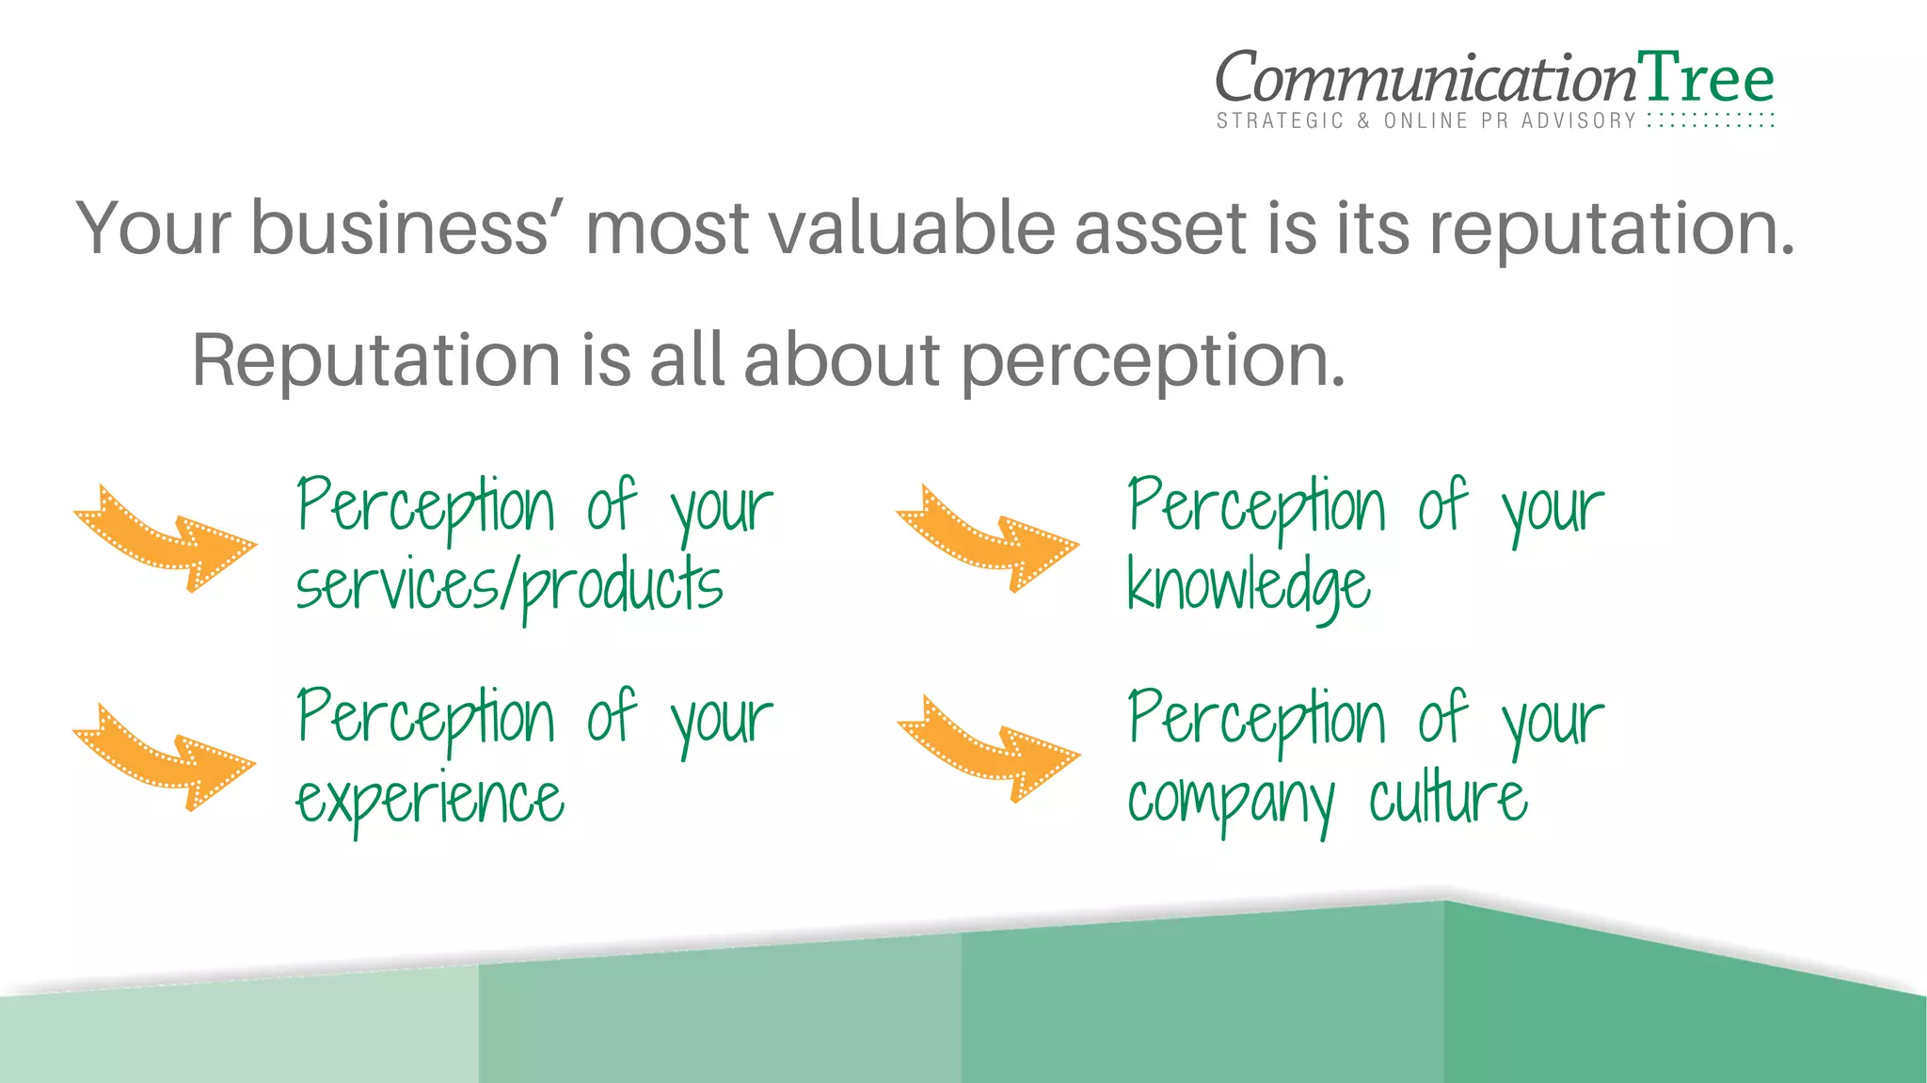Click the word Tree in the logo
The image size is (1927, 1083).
1705,78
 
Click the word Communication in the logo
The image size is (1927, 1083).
1425,78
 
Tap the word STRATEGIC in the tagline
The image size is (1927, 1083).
1280,120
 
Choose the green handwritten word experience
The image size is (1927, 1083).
430,801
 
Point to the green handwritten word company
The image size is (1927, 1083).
1231,803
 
